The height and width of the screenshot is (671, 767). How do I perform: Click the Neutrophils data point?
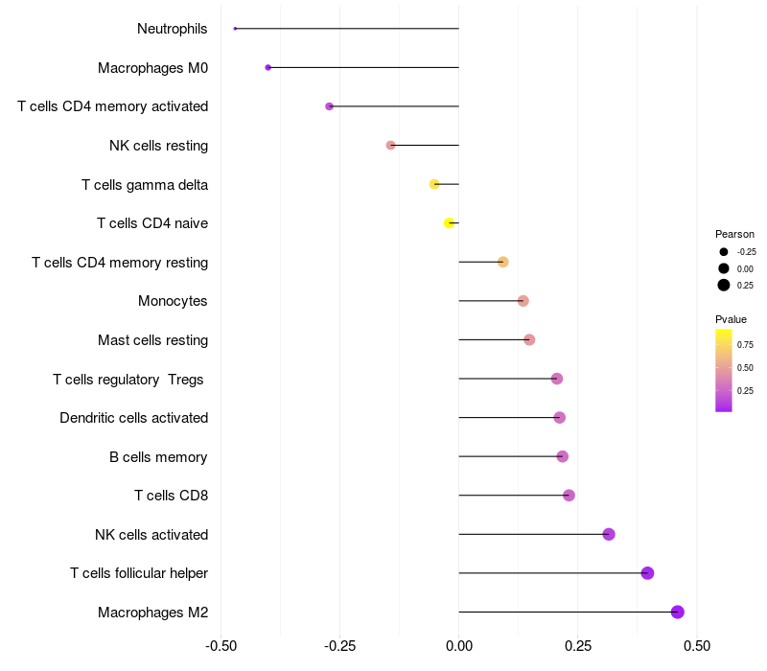(x=235, y=29)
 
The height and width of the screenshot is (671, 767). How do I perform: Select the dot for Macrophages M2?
(x=678, y=612)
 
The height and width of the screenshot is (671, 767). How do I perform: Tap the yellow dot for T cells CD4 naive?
(x=449, y=223)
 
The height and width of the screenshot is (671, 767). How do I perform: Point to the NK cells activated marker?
(x=609, y=534)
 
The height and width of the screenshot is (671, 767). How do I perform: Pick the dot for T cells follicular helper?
(x=647, y=573)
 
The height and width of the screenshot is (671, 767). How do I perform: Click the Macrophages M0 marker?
(x=268, y=67)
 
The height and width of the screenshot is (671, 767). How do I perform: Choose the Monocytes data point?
(x=523, y=301)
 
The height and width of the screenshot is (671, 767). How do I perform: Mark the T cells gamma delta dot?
(x=434, y=184)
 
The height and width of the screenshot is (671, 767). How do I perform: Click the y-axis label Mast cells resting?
(x=152, y=340)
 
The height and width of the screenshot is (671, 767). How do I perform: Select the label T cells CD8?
(x=171, y=496)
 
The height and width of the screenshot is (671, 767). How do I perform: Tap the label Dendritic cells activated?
(x=133, y=418)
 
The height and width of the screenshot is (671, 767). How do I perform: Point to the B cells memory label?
(x=158, y=456)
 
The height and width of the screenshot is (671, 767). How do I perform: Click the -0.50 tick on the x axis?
(x=221, y=646)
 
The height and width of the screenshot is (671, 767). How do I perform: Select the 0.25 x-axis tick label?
(x=578, y=646)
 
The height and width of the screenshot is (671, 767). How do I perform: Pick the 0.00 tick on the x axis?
(x=459, y=646)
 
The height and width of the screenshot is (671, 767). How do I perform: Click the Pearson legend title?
(x=734, y=234)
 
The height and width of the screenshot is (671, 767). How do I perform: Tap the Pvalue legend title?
(x=731, y=319)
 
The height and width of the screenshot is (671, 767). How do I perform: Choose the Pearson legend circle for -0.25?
(x=724, y=251)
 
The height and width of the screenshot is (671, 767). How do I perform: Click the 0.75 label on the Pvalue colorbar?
(x=745, y=344)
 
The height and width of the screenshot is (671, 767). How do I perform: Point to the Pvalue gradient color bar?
(x=724, y=370)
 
